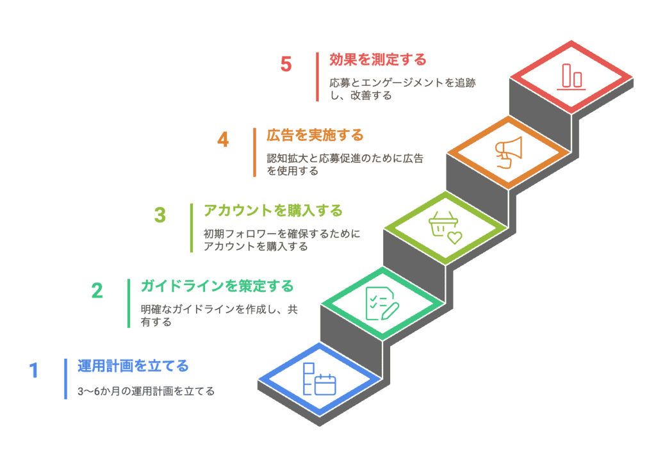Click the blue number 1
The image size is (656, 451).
tap(34, 370)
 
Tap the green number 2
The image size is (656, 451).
tap(97, 291)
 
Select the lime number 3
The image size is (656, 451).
tap(160, 215)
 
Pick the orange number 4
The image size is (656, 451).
tap(223, 140)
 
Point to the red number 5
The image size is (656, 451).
tap(286, 64)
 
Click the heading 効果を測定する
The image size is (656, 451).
tap(378, 60)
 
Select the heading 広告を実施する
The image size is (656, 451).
tap(315, 135)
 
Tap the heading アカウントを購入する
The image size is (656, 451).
tap(273, 211)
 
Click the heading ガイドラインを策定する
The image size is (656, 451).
tap(217, 286)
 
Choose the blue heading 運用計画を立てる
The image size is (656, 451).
tap(133, 366)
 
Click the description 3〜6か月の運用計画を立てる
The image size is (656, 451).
tap(146, 391)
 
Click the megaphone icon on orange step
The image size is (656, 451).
tap(507, 152)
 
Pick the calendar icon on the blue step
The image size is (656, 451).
tap(319, 379)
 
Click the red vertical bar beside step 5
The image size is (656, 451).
tap(318, 77)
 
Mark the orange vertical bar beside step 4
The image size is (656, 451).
tap(254, 152)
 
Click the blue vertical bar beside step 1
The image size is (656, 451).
tap(66, 379)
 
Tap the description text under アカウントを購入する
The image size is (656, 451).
tap(282, 240)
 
